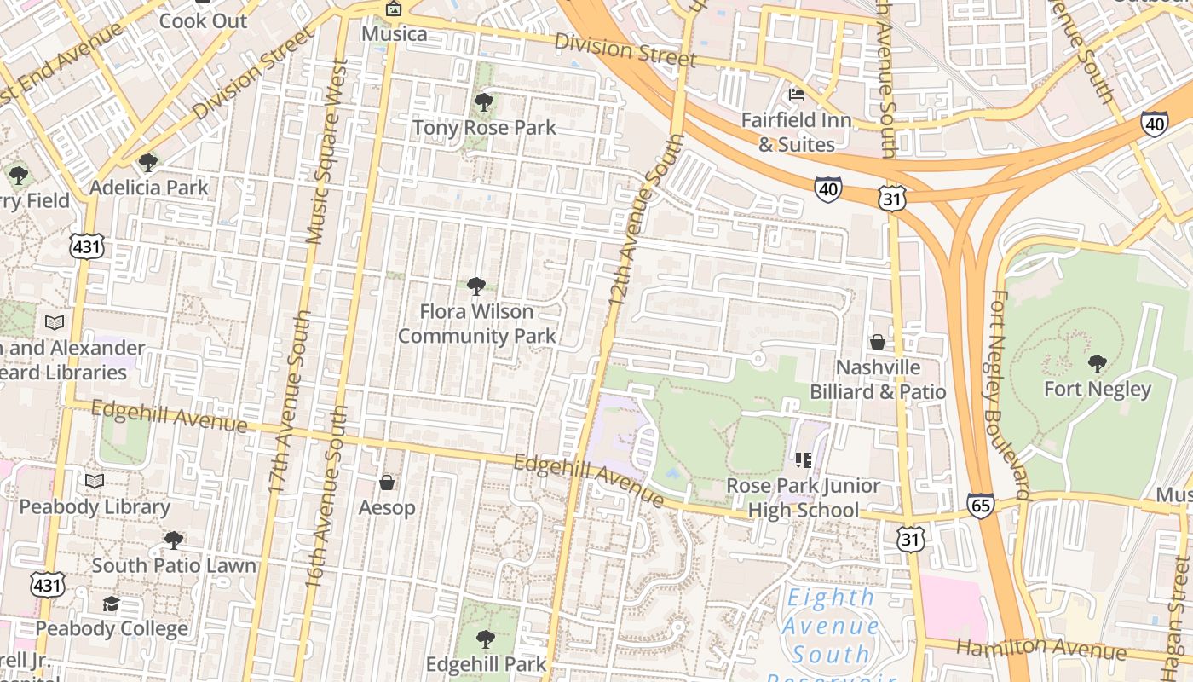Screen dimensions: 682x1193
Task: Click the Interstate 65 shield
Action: click(x=981, y=506)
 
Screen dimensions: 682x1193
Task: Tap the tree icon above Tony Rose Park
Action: click(x=484, y=103)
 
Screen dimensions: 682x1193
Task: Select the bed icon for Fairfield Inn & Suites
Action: click(x=797, y=94)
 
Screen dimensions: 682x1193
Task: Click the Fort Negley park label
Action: click(x=1098, y=390)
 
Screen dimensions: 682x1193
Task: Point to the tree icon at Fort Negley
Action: click(x=1098, y=364)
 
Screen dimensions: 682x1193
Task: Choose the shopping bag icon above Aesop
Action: click(x=387, y=483)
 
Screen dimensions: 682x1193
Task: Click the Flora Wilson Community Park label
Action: click(x=477, y=324)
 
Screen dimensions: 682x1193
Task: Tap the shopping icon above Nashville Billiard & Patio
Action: click(x=878, y=342)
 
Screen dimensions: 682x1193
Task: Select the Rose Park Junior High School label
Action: click(x=804, y=498)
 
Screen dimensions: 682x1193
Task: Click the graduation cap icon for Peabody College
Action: click(x=111, y=604)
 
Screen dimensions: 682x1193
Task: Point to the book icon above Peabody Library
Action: click(x=95, y=481)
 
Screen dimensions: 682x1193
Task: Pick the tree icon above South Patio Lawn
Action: click(x=174, y=540)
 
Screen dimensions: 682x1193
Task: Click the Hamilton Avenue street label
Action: click(x=1040, y=649)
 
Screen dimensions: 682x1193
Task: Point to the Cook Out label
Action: click(x=203, y=20)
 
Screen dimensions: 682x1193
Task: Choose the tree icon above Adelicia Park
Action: click(x=148, y=162)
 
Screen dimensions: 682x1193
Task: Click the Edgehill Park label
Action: click(x=486, y=664)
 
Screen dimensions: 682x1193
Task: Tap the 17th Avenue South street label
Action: click(x=289, y=401)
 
